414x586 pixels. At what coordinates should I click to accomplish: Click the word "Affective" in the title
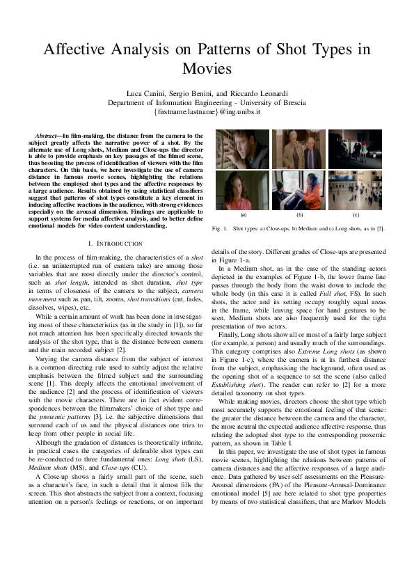76,50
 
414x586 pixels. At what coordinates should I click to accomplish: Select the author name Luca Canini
146,93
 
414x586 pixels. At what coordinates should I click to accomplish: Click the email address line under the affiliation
207,111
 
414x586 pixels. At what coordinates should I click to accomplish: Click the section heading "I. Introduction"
114,243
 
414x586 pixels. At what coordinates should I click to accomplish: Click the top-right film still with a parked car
356,150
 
